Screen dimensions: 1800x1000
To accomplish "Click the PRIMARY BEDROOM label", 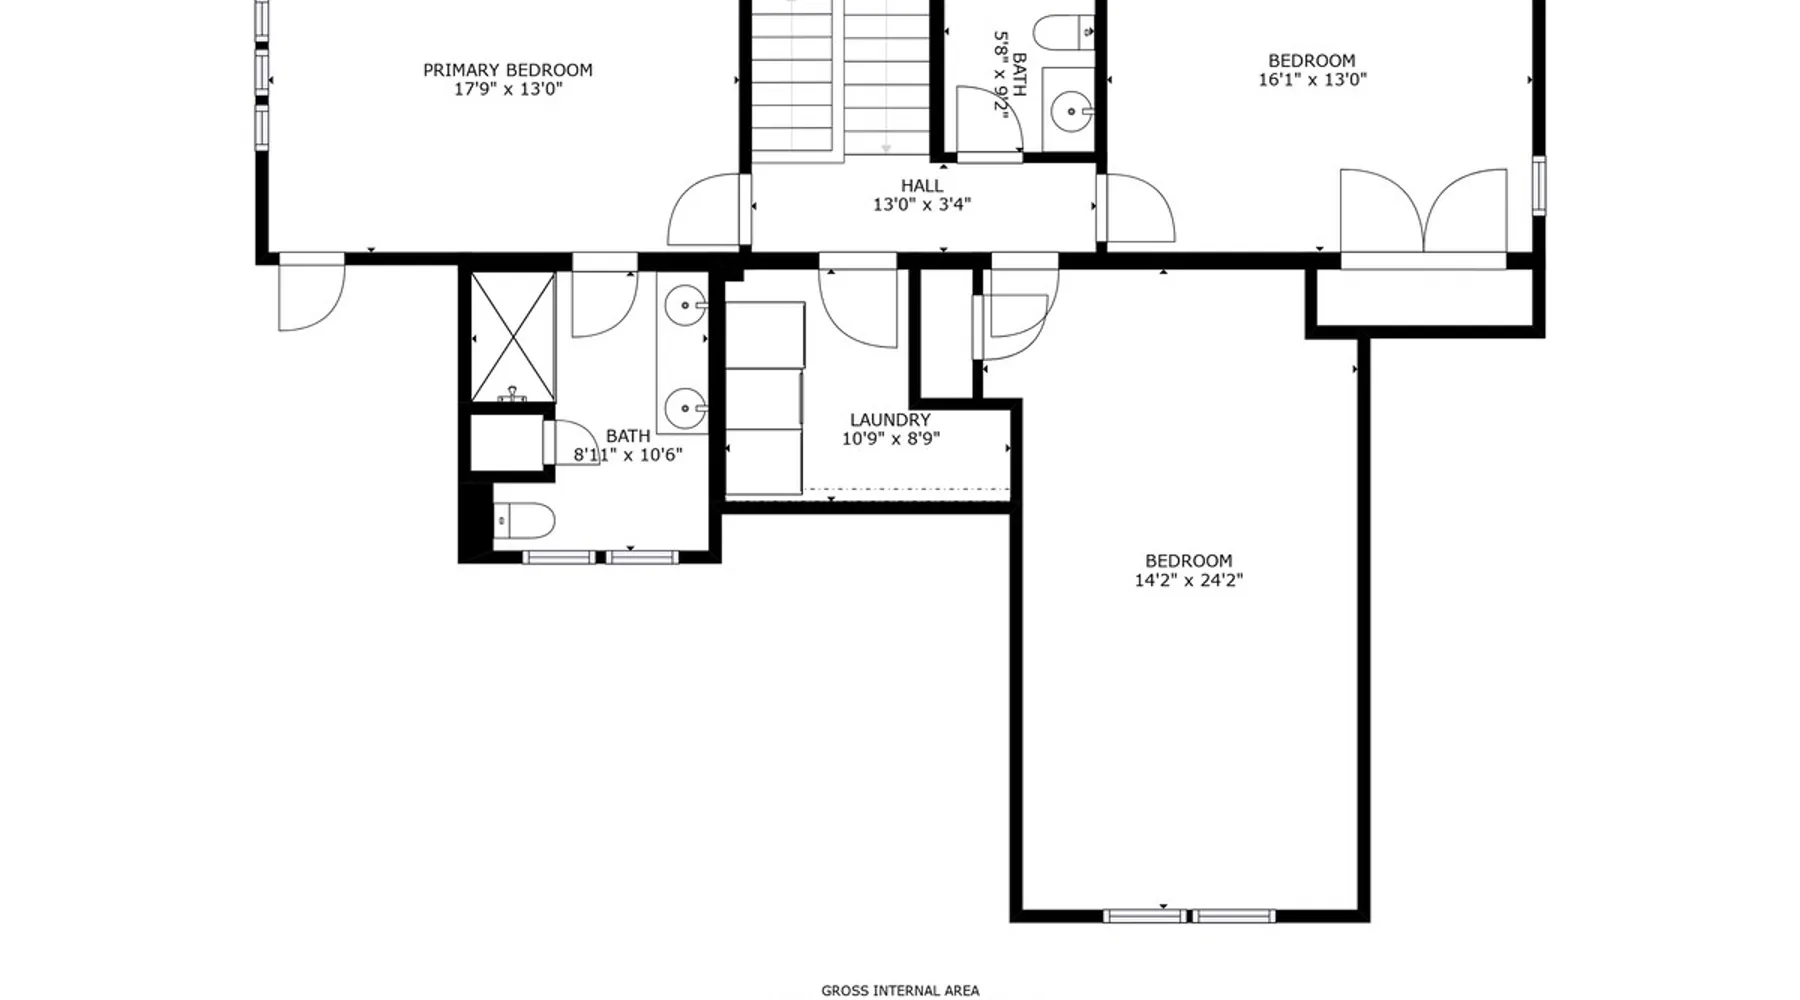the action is [x=507, y=70].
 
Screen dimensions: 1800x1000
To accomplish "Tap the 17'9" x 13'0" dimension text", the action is [x=508, y=89].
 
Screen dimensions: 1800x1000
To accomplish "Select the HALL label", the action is [x=921, y=186].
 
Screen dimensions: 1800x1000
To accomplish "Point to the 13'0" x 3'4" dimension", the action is [x=921, y=205].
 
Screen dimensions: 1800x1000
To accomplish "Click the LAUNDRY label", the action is [x=890, y=420].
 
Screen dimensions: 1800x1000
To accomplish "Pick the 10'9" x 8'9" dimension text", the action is [x=890, y=438].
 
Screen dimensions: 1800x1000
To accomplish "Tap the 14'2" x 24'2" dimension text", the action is [x=1188, y=580].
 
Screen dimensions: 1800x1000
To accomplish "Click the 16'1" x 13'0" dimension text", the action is [x=1312, y=79].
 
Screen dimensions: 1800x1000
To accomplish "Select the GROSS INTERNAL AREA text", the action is [x=900, y=991].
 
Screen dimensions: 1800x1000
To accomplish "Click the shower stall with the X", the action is [x=513, y=337].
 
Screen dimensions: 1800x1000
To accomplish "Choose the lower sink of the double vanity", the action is [x=686, y=407].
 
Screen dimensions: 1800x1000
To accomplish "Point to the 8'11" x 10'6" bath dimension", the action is [x=628, y=455].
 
